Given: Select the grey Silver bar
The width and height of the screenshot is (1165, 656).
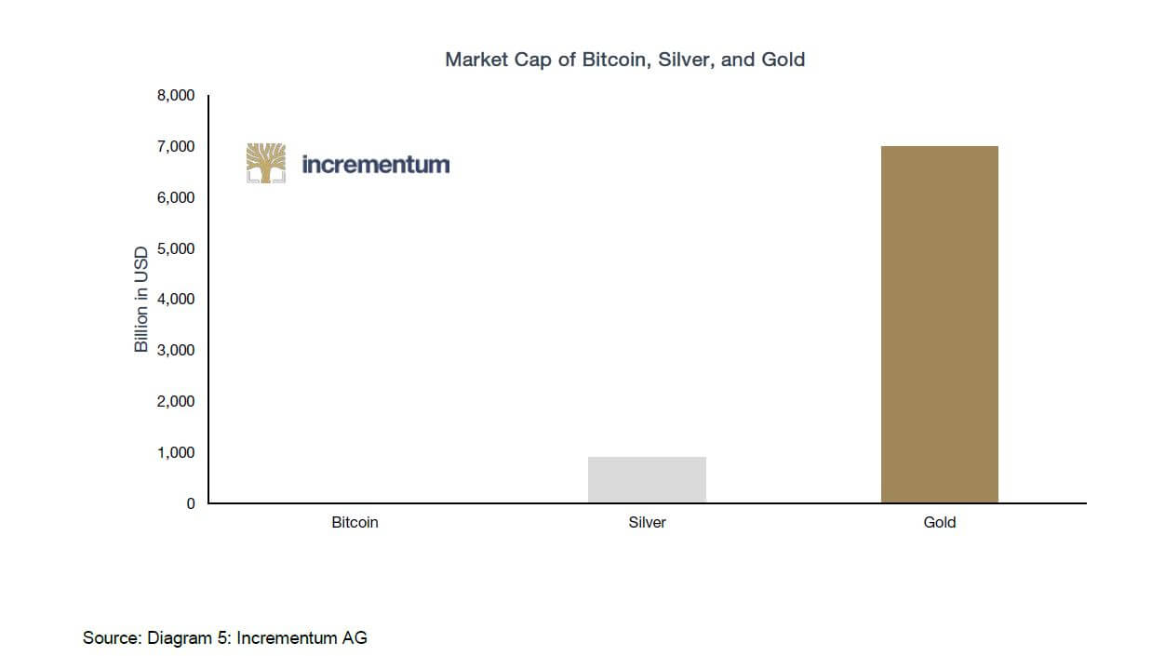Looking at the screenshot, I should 647,479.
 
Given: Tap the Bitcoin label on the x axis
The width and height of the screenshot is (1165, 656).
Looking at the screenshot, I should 355,522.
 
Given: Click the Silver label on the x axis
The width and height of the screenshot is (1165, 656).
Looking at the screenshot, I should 647,522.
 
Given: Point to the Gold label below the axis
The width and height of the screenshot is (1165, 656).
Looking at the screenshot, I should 939,522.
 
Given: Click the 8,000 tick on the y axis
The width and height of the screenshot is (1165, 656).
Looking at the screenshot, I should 176,95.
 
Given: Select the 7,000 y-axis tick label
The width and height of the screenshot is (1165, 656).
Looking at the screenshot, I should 176,146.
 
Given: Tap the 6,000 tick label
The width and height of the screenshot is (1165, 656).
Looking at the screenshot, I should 176,197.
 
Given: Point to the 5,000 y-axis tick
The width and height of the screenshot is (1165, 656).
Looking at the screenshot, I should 176,248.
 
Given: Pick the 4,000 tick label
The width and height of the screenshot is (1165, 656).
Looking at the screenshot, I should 176,299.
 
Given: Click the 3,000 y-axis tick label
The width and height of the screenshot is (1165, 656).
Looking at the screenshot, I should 176,350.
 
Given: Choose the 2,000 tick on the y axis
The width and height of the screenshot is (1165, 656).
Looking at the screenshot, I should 176,401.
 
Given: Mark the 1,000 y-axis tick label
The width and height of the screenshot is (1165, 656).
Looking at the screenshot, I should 176,452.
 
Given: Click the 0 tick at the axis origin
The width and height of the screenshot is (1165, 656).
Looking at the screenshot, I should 191,503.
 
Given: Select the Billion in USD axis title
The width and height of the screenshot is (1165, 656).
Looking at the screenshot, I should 141,300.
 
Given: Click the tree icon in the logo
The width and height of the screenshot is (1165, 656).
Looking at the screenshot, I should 266,163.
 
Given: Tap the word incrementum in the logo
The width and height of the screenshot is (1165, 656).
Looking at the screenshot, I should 375,165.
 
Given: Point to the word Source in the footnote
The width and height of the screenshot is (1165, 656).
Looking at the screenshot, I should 110,637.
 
